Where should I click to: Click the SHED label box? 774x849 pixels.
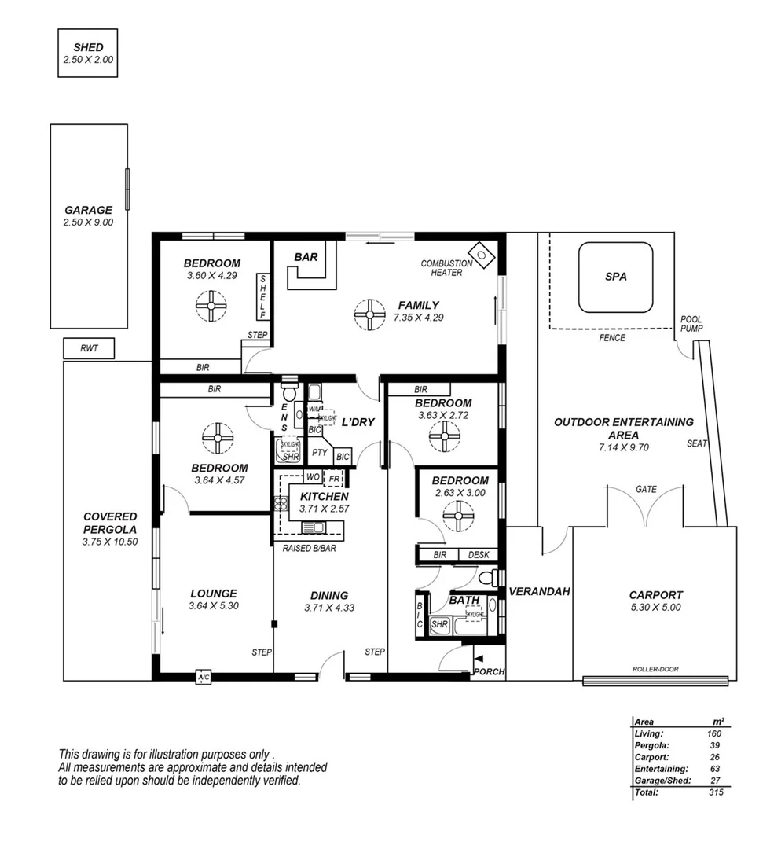(x=88, y=53)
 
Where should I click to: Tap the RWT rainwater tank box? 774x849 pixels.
(x=89, y=348)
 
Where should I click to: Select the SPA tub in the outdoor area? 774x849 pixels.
(x=616, y=277)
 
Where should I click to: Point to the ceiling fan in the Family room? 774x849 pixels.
(x=369, y=314)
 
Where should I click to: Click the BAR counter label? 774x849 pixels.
(x=306, y=257)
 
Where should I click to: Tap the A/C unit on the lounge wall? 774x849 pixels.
(x=204, y=677)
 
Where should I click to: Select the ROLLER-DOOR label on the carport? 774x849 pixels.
(x=655, y=670)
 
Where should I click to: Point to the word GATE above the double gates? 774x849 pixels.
(x=646, y=489)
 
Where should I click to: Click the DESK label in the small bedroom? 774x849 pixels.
(x=478, y=555)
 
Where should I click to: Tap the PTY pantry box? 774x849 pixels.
(x=319, y=453)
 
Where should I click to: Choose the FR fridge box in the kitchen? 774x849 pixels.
(x=334, y=477)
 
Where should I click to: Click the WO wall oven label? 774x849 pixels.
(x=312, y=477)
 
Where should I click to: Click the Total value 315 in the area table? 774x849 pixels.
(x=714, y=792)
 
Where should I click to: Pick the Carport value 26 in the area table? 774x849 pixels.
(x=714, y=757)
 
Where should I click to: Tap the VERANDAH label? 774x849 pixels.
(x=539, y=591)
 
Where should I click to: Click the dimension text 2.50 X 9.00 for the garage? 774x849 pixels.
(x=88, y=222)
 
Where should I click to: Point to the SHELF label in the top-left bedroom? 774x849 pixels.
(x=263, y=297)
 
